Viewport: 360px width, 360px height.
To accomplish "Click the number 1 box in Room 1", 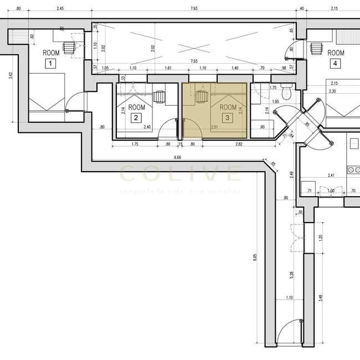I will point(50,64).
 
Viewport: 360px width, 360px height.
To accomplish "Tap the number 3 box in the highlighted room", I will point(227,117).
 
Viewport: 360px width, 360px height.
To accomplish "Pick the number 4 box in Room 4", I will point(335,64).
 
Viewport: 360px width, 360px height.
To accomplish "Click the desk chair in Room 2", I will point(159,97).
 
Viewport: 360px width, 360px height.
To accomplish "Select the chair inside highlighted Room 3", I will point(202,97).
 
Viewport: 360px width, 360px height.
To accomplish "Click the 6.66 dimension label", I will point(177,158).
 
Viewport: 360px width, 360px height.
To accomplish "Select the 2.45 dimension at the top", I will point(60,9).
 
